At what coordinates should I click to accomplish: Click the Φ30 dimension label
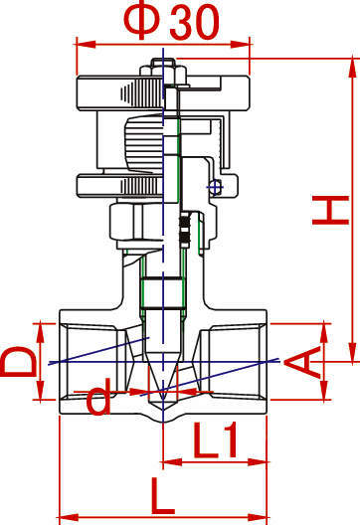point(171,23)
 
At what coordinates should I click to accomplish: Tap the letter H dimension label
point(331,210)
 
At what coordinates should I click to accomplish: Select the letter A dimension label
point(302,363)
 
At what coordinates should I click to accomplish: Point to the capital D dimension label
point(20,362)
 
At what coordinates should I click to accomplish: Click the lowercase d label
point(98,396)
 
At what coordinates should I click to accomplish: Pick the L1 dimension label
point(216,439)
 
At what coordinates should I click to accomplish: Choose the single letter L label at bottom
point(163,496)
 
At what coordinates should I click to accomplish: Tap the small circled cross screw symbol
point(215,187)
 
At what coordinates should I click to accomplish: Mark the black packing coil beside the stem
point(185,230)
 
